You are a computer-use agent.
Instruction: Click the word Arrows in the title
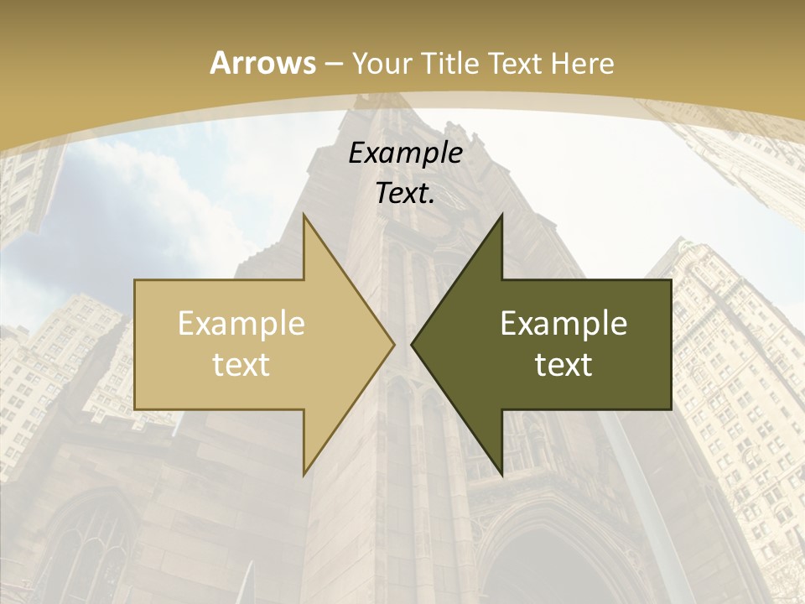click(262, 63)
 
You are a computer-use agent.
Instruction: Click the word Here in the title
click(583, 64)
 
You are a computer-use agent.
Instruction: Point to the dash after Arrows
click(333, 65)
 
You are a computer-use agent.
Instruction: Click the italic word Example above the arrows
click(405, 153)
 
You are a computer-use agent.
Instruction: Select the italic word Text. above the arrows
click(405, 193)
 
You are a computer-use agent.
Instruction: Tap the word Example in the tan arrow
click(241, 324)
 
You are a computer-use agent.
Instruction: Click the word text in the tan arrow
click(241, 365)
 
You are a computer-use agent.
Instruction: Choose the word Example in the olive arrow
click(563, 324)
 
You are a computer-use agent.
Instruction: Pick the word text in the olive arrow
click(563, 365)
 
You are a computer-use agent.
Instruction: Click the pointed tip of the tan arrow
click(394, 345)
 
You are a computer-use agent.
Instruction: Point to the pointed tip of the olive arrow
click(411, 345)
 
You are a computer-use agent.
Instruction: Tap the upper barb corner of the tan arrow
click(304, 215)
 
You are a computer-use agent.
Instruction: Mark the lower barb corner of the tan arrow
click(304, 475)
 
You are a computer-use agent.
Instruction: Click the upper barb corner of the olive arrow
click(501, 215)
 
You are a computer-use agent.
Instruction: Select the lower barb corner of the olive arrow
click(501, 475)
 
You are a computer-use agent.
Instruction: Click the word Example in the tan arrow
click(241, 324)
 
